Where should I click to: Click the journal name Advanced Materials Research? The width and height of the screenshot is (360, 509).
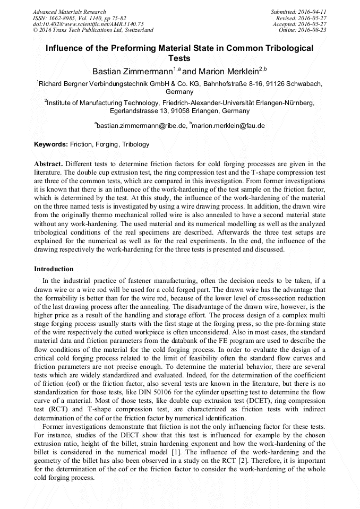tap(69, 12)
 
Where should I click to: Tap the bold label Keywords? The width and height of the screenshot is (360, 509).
tap(51, 144)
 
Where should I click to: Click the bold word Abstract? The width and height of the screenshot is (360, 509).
tap(48, 164)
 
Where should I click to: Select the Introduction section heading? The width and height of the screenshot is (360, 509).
tap(54, 269)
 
